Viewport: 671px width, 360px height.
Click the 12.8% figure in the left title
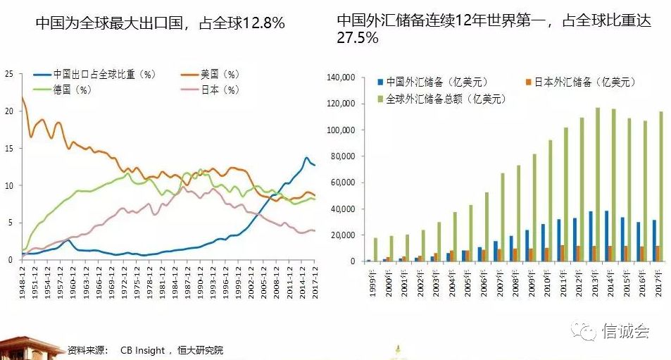(x=264, y=23)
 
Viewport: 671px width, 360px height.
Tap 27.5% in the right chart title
(x=358, y=38)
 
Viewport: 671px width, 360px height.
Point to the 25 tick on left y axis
(x=8, y=73)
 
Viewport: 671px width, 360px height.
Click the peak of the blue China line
(x=306, y=158)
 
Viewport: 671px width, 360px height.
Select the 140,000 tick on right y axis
(x=344, y=77)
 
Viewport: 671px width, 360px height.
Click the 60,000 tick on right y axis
(x=346, y=182)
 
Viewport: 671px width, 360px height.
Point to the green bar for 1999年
(x=375, y=249)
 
